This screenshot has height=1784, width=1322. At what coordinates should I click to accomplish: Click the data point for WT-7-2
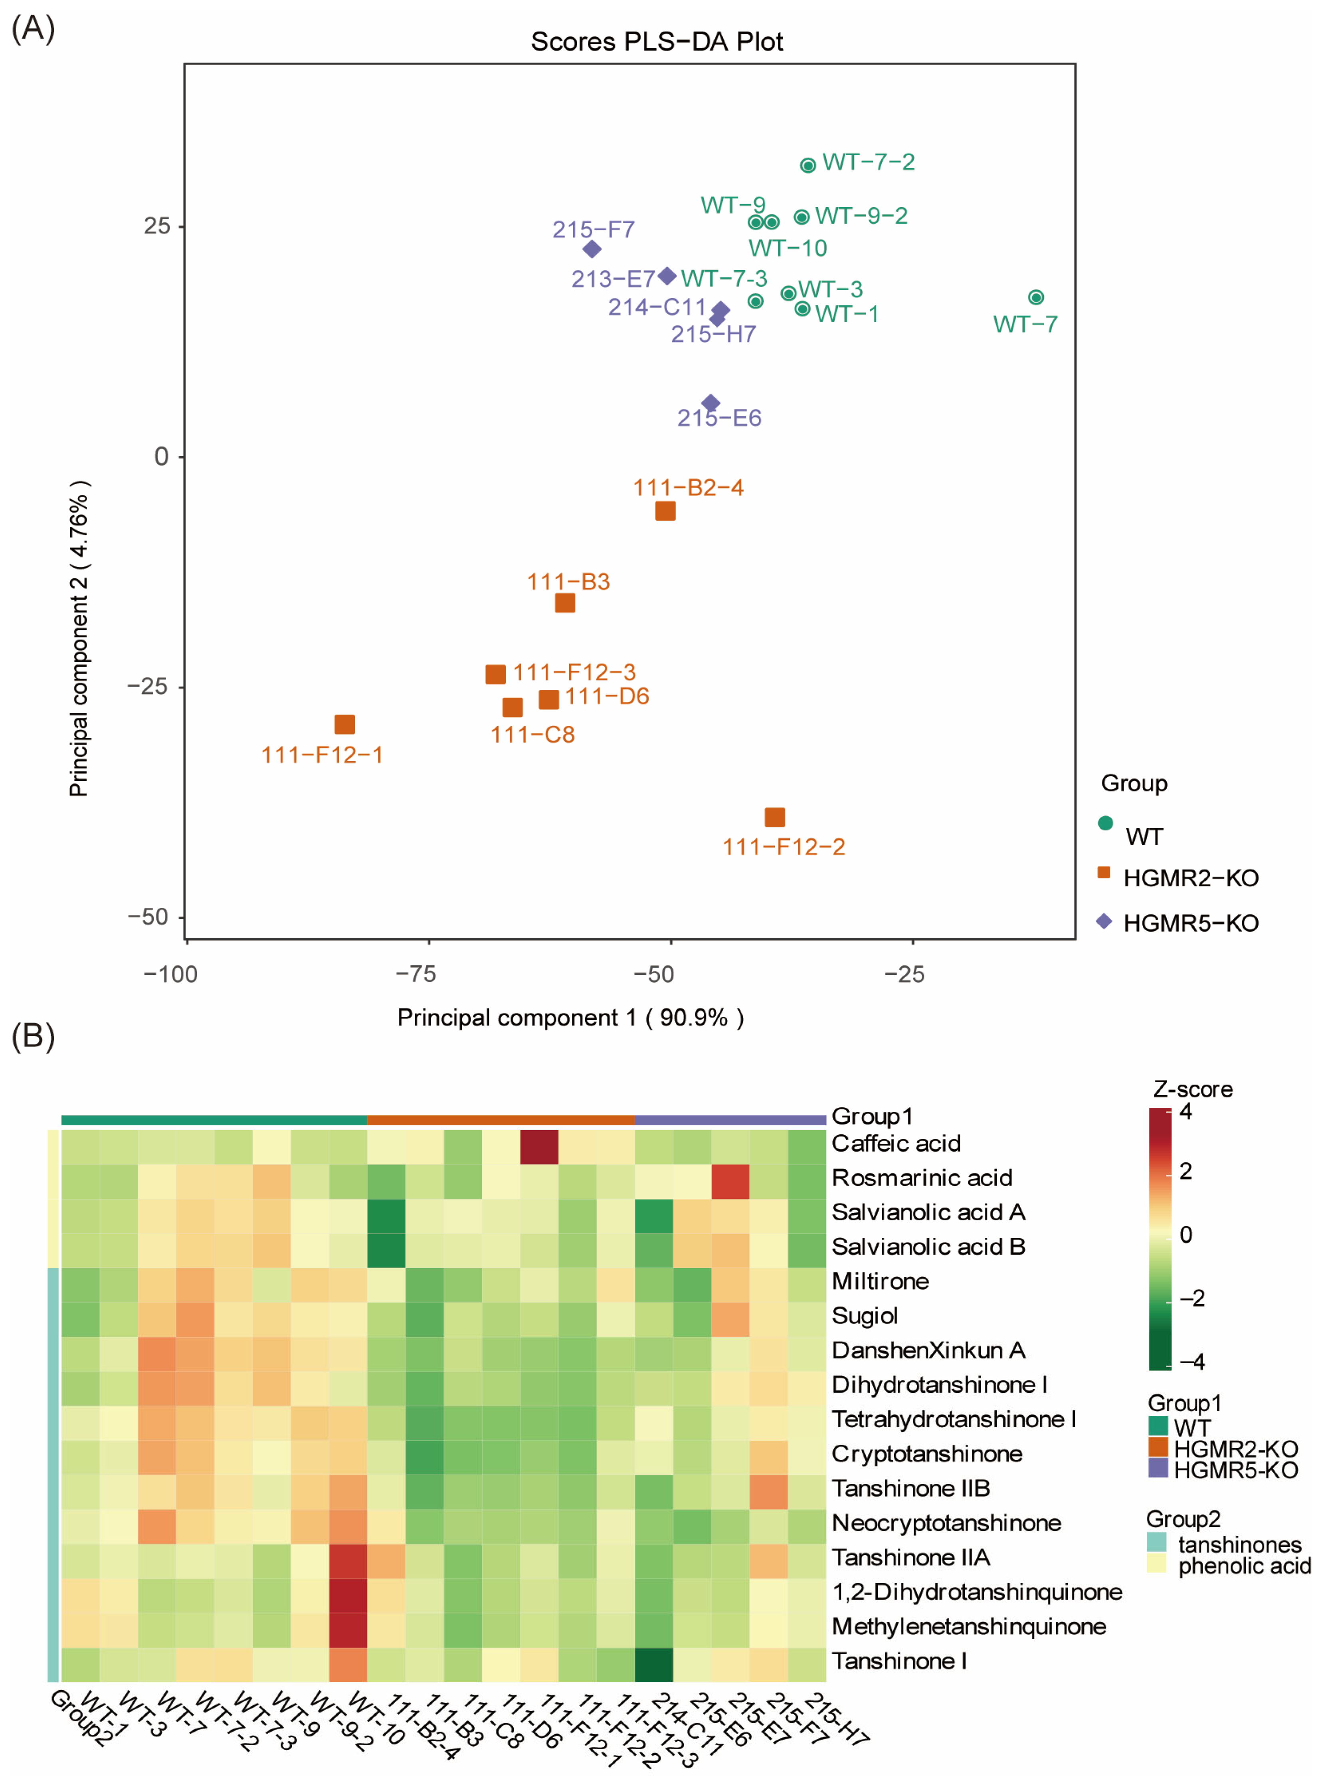[x=808, y=165]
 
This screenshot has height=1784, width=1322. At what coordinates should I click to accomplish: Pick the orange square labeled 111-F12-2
[x=775, y=817]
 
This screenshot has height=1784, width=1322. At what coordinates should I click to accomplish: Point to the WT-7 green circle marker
[x=1035, y=297]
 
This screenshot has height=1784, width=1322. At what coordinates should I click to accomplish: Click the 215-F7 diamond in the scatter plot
[x=592, y=249]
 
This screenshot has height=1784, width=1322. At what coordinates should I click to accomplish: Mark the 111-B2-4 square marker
[x=665, y=511]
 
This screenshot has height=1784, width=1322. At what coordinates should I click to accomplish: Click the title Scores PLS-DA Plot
[x=657, y=42]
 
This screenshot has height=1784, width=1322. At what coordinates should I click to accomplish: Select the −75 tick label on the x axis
[x=416, y=974]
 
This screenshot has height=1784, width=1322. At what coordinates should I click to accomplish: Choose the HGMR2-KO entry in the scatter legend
[x=1191, y=878]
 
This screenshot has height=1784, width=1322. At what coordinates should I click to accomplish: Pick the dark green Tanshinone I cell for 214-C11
[x=654, y=1664]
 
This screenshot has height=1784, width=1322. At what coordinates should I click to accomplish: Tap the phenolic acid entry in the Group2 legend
[x=1245, y=1566]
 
